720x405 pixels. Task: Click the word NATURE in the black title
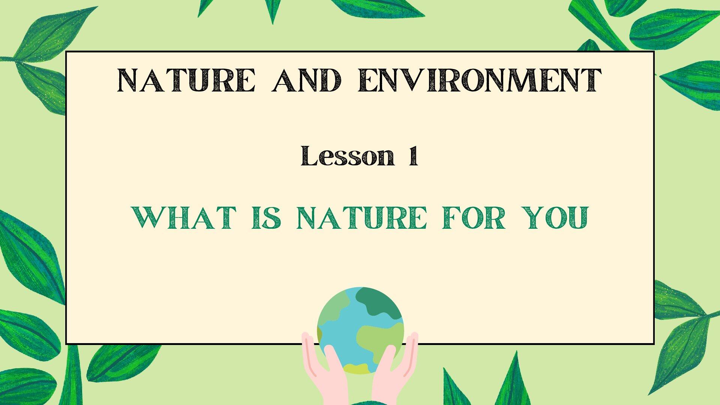pyautogui.click(x=186, y=80)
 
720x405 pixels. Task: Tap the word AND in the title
pyautogui.click(x=307, y=80)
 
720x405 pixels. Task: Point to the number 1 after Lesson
pyautogui.click(x=413, y=156)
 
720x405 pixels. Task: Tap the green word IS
pyautogui.click(x=266, y=218)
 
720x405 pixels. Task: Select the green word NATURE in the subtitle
pyautogui.click(x=361, y=218)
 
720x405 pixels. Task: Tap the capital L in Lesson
pyautogui.click(x=309, y=155)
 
